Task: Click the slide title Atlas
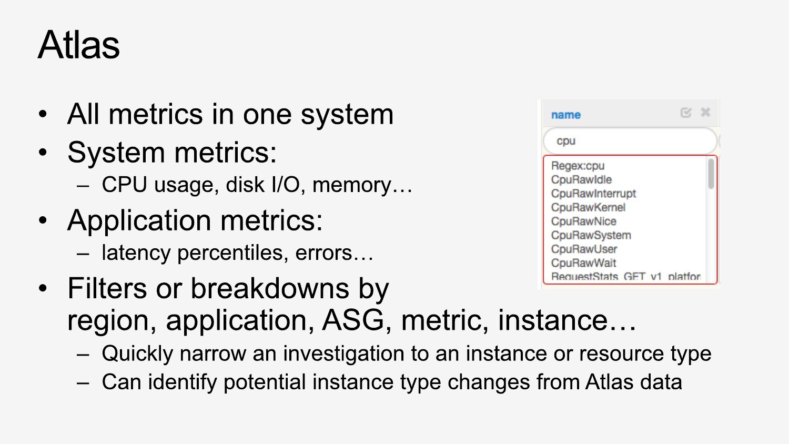pyautogui.click(x=78, y=45)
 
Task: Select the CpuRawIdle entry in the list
pyautogui.click(x=581, y=180)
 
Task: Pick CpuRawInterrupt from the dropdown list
pyautogui.click(x=593, y=194)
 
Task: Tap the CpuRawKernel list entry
pyautogui.click(x=588, y=207)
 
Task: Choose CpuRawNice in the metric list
pyautogui.click(x=583, y=221)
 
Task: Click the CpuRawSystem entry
pyautogui.click(x=591, y=235)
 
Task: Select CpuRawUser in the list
pyautogui.click(x=584, y=249)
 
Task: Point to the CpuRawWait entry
pyautogui.click(x=583, y=263)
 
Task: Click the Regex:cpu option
pyautogui.click(x=578, y=166)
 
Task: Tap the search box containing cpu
pyautogui.click(x=630, y=141)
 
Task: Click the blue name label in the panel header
pyautogui.click(x=565, y=115)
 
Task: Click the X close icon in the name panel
pyautogui.click(x=705, y=113)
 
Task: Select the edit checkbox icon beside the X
pyautogui.click(x=686, y=113)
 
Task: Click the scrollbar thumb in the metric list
pyautogui.click(x=711, y=174)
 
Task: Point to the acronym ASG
pyautogui.click(x=353, y=320)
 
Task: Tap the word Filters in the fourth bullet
pyautogui.click(x=107, y=288)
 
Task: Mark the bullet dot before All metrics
pyautogui.click(x=43, y=114)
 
